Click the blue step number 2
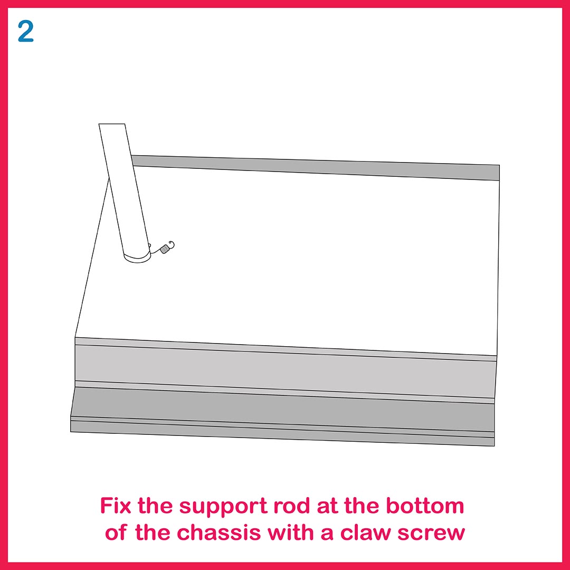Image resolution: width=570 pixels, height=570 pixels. (25, 31)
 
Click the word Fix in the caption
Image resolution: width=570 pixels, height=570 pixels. (115, 505)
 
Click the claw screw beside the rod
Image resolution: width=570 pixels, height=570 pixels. (163, 249)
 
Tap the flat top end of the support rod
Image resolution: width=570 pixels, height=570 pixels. (112, 124)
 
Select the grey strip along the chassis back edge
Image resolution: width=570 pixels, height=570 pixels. (316, 167)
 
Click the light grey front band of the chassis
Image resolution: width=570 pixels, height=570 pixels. (286, 369)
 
